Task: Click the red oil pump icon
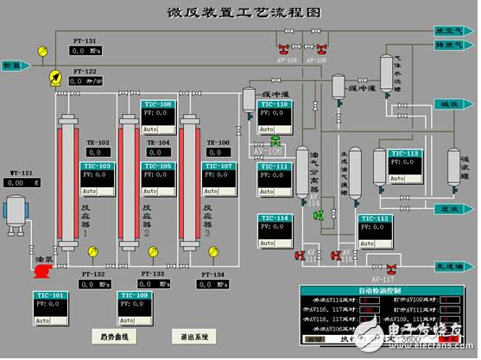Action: (40, 271)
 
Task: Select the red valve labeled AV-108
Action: (284, 48)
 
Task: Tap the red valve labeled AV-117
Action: (390, 268)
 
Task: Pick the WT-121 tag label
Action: (22, 173)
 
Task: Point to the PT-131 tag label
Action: (84, 40)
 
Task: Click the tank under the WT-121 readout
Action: (17, 212)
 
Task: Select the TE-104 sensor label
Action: (158, 142)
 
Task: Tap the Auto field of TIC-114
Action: (268, 245)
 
